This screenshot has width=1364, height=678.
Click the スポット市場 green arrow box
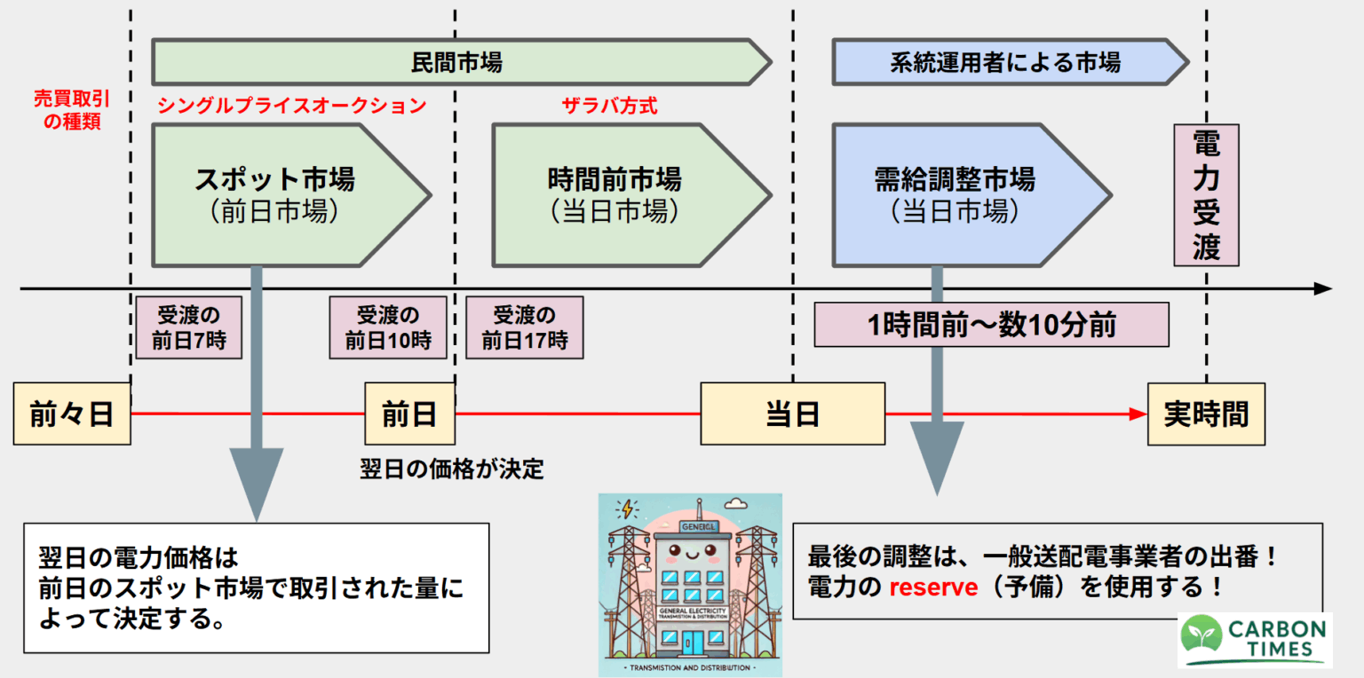[275, 195]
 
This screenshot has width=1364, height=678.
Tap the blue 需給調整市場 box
[955, 195]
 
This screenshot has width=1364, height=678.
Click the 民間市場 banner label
[456, 62]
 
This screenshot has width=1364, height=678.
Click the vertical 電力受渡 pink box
[1206, 195]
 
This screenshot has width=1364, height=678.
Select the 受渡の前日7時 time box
[188, 327]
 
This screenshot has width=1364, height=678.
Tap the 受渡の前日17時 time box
[525, 327]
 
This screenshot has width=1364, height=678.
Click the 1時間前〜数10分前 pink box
[991, 325]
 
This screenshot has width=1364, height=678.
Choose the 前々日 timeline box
[72, 414]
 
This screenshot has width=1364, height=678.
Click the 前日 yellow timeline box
[409, 414]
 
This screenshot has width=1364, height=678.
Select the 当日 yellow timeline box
[792, 414]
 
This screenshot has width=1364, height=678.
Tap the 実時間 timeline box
[1206, 414]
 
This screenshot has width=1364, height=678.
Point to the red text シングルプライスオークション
[291, 106]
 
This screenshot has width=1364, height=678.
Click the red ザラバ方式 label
[609, 106]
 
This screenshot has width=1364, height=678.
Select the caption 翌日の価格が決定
[452, 469]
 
